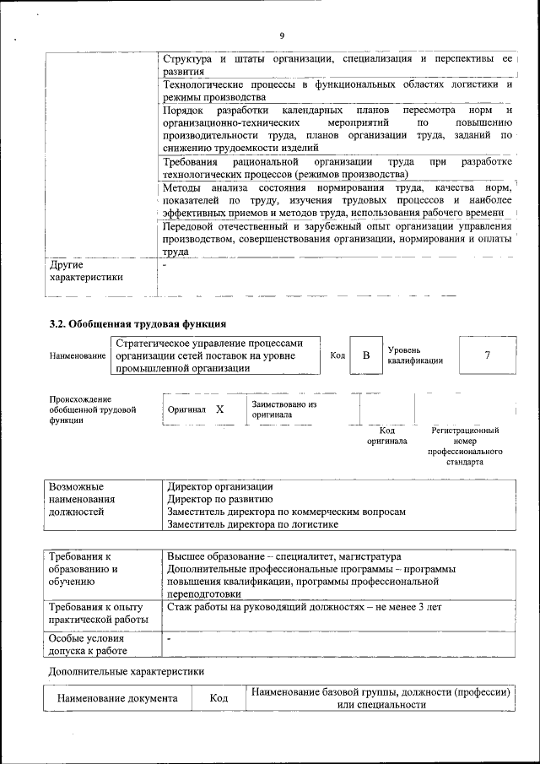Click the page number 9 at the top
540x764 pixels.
pyautogui.click(x=282, y=35)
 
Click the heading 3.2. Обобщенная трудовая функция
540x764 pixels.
pyautogui.click(x=138, y=323)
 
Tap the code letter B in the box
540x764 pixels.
pyautogui.click(x=366, y=355)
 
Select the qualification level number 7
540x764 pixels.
pyautogui.click(x=487, y=355)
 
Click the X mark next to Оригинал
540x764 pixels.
pyautogui.click(x=219, y=409)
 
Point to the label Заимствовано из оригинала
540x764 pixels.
pyautogui.click(x=283, y=409)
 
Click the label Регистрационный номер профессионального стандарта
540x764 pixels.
pyautogui.click(x=465, y=447)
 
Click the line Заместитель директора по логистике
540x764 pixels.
pyautogui.click(x=252, y=523)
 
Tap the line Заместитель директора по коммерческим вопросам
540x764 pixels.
pyautogui.click(x=286, y=512)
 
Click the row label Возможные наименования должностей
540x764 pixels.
pyautogui.click(x=82, y=499)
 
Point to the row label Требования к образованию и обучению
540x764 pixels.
pyautogui.click(x=84, y=569)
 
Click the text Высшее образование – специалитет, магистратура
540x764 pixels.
pyautogui.click(x=283, y=557)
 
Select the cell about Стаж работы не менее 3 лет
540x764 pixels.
pyautogui.click(x=304, y=607)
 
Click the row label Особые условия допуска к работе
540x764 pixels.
pyautogui.click(x=88, y=644)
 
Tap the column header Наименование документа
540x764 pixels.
pyautogui.click(x=117, y=699)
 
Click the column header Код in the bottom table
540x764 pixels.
pyautogui.click(x=219, y=699)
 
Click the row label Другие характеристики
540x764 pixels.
pyautogui.click(x=86, y=270)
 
